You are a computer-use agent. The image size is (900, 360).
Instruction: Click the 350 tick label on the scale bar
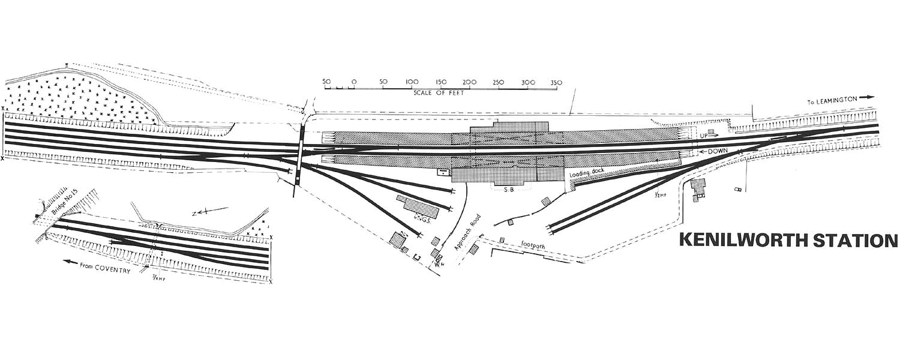tap(556, 82)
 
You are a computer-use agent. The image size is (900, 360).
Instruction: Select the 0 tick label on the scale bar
tap(354, 82)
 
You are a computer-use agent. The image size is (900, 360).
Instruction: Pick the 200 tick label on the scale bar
tap(469, 82)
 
